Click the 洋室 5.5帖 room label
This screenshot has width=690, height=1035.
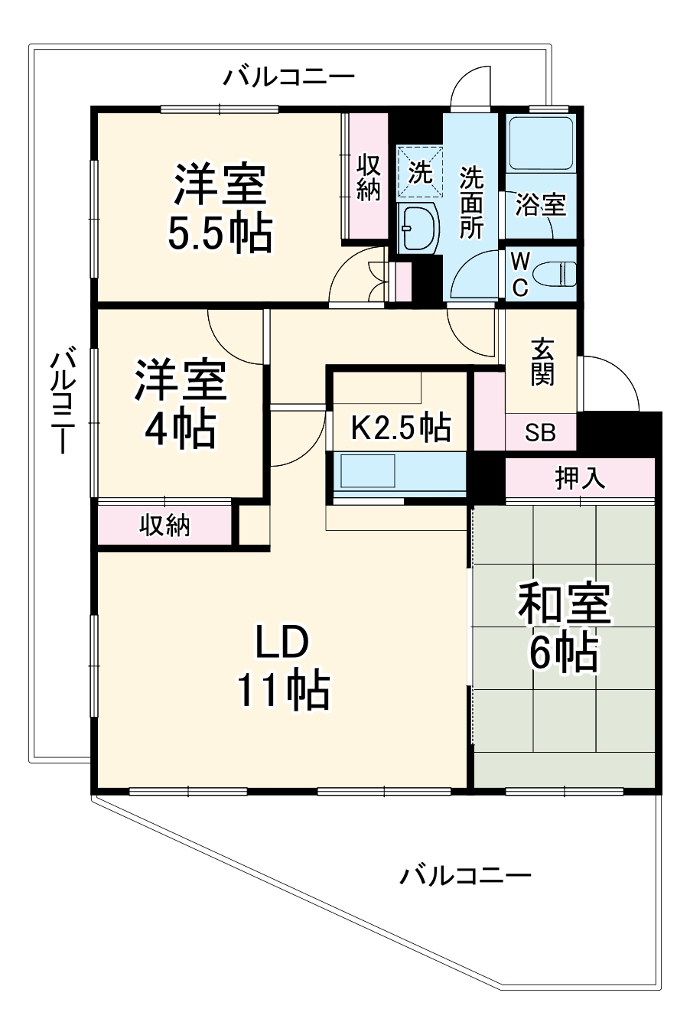point(220,208)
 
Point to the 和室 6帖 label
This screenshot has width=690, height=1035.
point(564,627)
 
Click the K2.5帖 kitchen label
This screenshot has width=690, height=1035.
point(399,428)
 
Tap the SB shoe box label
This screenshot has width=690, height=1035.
point(540,434)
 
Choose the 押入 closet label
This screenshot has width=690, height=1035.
point(580,478)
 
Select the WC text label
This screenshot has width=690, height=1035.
point(519,275)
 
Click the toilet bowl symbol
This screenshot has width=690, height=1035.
point(555,274)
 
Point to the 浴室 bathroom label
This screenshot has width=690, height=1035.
point(540,205)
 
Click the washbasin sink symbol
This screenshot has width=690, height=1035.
point(418,227)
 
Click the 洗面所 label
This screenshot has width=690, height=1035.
point(471,203)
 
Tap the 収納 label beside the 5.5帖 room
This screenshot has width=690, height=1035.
point(368,177)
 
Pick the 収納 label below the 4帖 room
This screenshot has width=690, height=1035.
point(164,526)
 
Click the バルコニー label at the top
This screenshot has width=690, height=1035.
point(289,76)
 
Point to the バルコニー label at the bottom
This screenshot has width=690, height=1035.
point(465,874)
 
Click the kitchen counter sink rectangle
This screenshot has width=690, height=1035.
point(367,470)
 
